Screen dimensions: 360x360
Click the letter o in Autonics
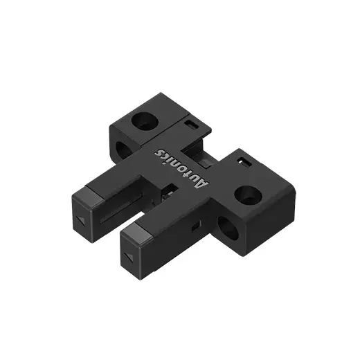[184, 170]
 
